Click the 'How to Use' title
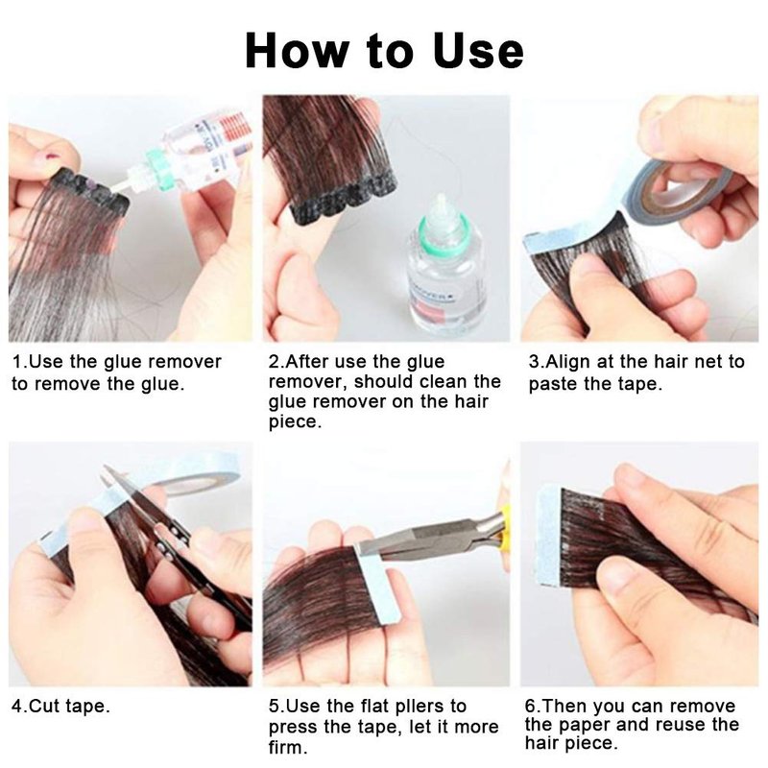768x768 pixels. pos(384,51)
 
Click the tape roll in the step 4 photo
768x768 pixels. pos(196,472)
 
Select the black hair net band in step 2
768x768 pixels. pos(343,201)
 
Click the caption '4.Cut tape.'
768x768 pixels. pos(60,707)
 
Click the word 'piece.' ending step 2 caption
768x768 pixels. pos(295,421)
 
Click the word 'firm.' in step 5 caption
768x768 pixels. pos(288,748)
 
